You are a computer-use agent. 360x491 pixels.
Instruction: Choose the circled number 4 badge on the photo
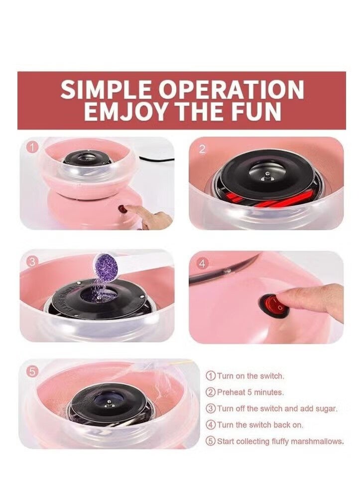(x=202, y=264)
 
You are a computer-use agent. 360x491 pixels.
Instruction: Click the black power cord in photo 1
(x=157, y=160)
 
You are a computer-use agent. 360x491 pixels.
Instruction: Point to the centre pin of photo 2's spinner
(x=267, y=174)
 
